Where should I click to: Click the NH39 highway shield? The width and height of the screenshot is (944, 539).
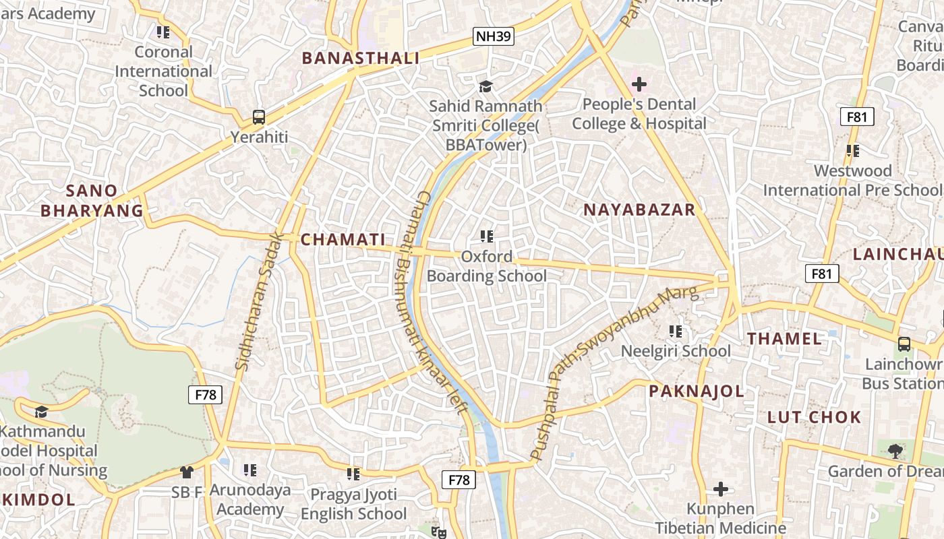494,36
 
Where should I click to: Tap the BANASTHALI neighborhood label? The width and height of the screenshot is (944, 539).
360,58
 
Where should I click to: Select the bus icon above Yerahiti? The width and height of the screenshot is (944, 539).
259,117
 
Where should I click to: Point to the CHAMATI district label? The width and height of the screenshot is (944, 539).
343,239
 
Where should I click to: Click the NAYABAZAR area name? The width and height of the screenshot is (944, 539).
639,210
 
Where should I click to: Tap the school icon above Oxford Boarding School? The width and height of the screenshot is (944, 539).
487,236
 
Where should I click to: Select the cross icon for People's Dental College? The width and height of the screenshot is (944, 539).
639,84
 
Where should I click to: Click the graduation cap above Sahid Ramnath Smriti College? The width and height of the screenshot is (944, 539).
485,86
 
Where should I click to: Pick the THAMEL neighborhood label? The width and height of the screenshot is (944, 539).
784,338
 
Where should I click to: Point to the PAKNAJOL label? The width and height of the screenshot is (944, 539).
697,391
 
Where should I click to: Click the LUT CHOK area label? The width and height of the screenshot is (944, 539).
814,417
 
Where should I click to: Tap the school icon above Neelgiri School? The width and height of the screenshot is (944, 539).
676,331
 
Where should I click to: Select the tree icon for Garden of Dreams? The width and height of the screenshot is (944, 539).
895,451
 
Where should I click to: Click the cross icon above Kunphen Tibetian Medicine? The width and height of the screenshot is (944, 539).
721,488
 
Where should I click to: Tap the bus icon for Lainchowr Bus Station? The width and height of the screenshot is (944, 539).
904,344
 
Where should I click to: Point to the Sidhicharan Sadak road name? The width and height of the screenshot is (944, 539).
258,301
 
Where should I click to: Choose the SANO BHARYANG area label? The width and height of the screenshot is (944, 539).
92,201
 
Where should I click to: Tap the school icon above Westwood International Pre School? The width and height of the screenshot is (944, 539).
853,151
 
